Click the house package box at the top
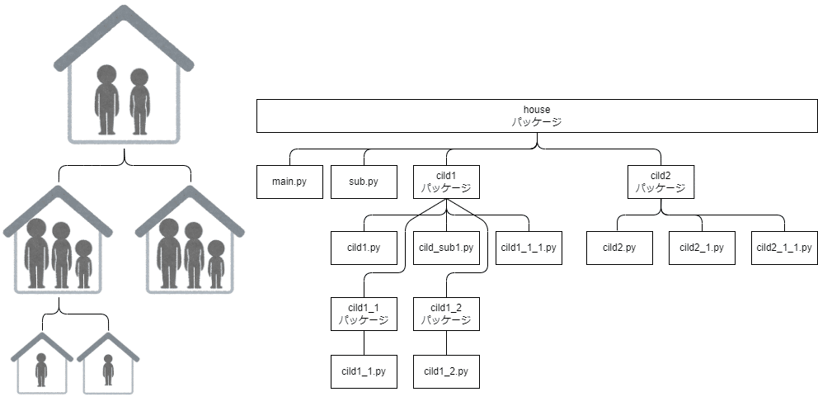click(537, 116)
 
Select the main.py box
click(289, 182)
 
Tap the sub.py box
click(364, 182)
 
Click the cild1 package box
click(446, 182)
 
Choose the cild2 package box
click(661, 182)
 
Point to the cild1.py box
click(364, 248)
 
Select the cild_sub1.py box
click(446, 248)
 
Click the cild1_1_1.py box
click(529, 248)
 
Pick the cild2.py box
click(619, 248)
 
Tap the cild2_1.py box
click(702, 248)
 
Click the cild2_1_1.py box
click(784, 248)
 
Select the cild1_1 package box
click(364, 314)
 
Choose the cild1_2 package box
click(446, 314)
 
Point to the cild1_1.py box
click(364, 371)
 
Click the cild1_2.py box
click(446, 371)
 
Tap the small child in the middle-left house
click(83, 264)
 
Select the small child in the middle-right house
click(216, 264)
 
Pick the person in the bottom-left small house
click(41, 370)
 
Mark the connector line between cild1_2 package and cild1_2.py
click(446, 343)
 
